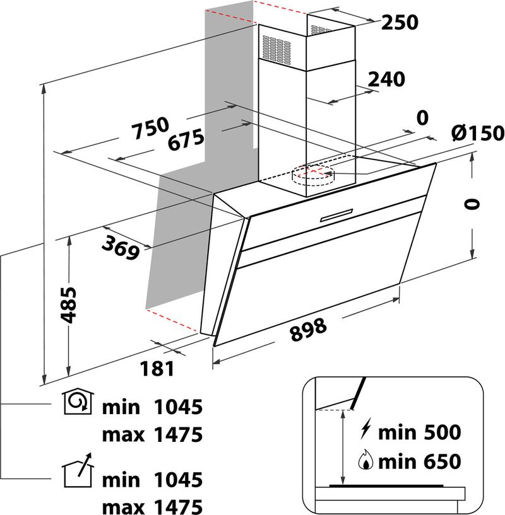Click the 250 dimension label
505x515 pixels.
(400, 23)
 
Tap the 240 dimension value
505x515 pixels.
(386, 79)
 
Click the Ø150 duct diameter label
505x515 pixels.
(478, 133)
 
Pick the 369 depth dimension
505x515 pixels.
(122, 246)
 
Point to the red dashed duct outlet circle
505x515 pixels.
(315, 172)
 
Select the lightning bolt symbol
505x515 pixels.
(365, 431)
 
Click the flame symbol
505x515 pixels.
(366, 462)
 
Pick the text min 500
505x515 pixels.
(419, 432)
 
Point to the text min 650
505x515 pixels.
(419, 463)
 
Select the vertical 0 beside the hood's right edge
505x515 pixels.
(471, 204)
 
